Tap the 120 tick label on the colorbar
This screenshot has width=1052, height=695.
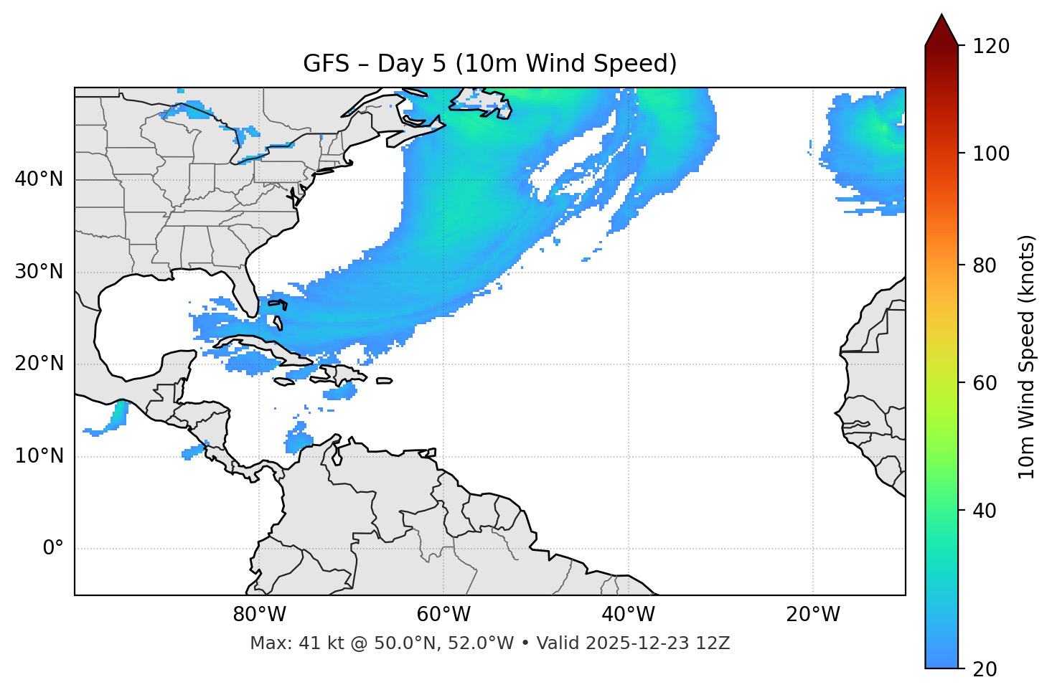pos(990,47)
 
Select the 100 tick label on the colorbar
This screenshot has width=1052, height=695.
pos(990,153)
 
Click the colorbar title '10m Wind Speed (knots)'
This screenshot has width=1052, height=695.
pos(1027,357)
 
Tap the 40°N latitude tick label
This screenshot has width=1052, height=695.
pos(39,179)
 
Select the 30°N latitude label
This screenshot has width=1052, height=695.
pos(39,272)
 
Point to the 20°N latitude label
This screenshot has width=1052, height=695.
pos(39,364)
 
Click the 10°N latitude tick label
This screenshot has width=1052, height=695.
pos(39,456)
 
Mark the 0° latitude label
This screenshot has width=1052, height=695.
pos(53,549)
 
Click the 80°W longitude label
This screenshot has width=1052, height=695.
pos(259,615)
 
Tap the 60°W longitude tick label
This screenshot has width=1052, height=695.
pos(443,615)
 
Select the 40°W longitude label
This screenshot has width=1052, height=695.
pos(628,615)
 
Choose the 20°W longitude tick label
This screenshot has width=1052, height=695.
pos(813,615)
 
